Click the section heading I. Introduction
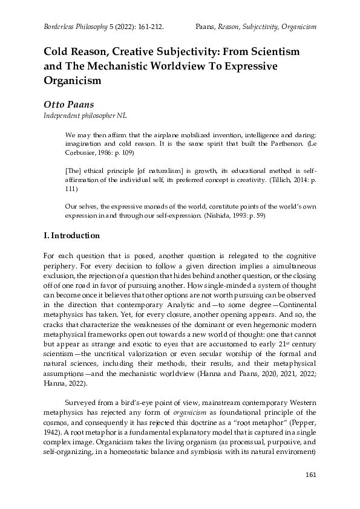point(76,235)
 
